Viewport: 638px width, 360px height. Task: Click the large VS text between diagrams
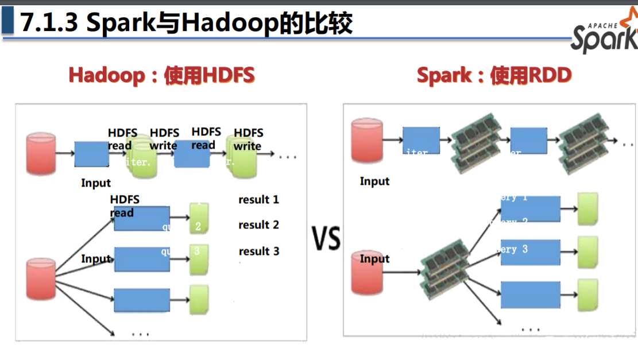coord(326,238)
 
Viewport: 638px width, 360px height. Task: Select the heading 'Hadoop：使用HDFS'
coord(161,75)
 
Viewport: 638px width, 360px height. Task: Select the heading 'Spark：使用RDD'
coord(494,75)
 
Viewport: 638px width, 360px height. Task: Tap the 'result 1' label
coord(258,200)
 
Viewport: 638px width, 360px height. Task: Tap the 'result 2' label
coord(258,225)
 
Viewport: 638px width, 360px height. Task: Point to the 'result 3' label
coord(258,251)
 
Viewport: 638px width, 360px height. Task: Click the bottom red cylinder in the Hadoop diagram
coord(41,278)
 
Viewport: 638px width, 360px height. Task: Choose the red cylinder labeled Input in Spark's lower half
coord(367,273)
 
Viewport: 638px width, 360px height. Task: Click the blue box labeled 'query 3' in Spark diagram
coord(530,252)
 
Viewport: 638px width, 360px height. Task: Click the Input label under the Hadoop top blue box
coord(96,183)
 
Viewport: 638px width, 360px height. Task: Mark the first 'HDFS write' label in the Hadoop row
coord(164,140)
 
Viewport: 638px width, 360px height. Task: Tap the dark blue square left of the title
coord(8,22)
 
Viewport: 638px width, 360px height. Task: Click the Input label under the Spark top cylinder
coord(374,181)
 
